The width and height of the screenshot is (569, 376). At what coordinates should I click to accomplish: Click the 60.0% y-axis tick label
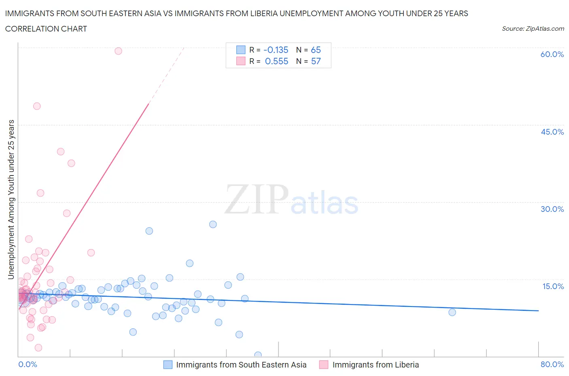point(552,54)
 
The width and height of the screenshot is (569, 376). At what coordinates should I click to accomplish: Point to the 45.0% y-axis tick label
point(552,132)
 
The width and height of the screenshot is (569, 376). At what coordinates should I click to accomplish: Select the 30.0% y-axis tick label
point(552,209)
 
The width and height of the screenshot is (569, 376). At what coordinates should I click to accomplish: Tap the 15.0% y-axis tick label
point(553,286)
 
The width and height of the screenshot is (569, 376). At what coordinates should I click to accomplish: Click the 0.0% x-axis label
point(28,364)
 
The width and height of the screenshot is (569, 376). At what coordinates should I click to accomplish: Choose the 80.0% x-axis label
point(552,364)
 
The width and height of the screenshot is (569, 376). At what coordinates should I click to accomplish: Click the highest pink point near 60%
point(118,51)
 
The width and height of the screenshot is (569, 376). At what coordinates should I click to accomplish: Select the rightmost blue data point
point(452,312)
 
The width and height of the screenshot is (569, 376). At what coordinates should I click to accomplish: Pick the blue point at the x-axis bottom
point(258,355)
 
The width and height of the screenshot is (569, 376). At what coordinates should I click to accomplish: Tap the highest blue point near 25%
point(213,224)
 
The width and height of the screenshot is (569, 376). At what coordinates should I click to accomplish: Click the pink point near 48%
point(37,106)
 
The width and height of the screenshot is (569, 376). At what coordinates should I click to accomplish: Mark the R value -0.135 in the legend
point(276,50)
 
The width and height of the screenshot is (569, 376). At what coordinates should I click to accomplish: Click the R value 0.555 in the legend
point(276,61)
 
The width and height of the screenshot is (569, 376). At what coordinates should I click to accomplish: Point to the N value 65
point(316,50)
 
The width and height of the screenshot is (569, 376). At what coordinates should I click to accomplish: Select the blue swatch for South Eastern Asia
point(168,365)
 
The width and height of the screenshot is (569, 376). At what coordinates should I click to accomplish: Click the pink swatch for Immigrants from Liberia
point(323,365)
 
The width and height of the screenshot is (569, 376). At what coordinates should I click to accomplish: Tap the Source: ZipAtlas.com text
point(533,29)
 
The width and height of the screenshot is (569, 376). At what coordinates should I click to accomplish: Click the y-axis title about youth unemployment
point(11,199)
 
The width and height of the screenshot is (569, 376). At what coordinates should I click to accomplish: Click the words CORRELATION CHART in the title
point(46,29)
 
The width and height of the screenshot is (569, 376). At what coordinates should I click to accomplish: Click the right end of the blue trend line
point(538,311)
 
